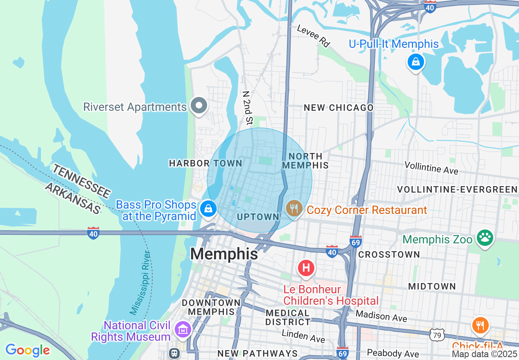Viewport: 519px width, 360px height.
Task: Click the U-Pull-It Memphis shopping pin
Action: pyautogui.click(x=416, y=62)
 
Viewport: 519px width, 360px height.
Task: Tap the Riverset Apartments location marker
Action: pyautogui.click(x=199, y=106)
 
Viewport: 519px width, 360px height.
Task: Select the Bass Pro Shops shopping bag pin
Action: pyautogui.click(x=208, y=209)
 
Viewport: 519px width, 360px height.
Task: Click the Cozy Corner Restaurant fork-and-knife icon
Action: pyautogui.click(x=293, y=209)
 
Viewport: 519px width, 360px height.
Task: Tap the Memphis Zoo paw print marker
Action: pyautogui.click(x=485, y=238)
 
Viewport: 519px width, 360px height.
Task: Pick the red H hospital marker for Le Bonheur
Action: pyautogui.click(x=306, y=268)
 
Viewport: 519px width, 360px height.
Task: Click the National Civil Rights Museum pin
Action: pyautogui.click(x=183, y=329)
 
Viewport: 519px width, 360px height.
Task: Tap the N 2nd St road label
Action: pyautogui.click(x=247, y=108)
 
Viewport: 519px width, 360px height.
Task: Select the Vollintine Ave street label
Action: pyautogui.click(x=431, y=167)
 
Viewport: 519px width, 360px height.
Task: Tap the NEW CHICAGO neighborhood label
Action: pyautogui.click(x=338, y=108)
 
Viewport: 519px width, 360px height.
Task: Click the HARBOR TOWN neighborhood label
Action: pyautogui.click(x=205, y=163)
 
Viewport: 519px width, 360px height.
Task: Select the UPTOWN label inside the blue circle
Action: pyautogui.click(x=258, y=217)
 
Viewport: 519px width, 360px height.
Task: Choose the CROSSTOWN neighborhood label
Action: pyautogui.click(x=389, y=254)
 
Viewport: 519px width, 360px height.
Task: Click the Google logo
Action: pyautogui.click(x=27, y=350)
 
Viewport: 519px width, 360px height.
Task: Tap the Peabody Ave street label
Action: pyautogui.click(x=393, y=353)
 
